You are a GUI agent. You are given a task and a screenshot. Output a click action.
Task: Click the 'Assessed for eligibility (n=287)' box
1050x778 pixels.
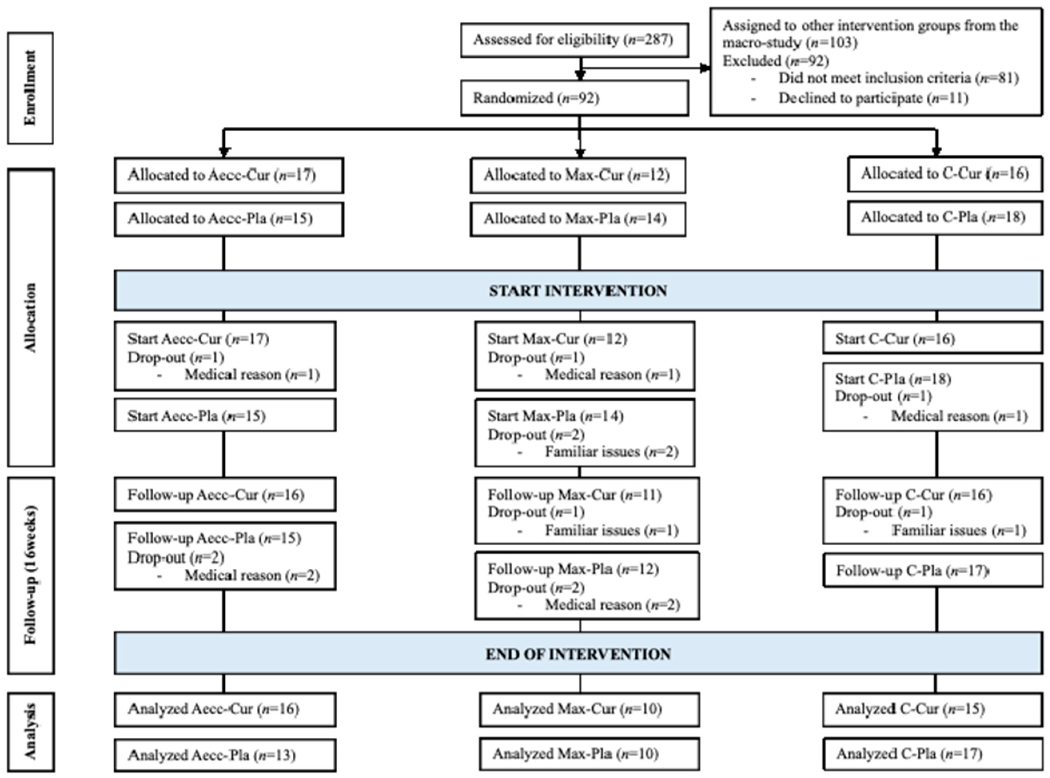pyautogui.click(x=574, y=40)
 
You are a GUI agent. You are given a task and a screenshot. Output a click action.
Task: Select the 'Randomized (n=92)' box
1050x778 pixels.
pyautogui.click(x=574, y=98)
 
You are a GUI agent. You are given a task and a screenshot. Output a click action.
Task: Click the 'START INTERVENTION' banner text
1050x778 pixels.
pyautogui.click(x=578, y=290)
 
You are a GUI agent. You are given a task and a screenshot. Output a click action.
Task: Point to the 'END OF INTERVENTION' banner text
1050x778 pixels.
pyautogui.click(x=578, y=654)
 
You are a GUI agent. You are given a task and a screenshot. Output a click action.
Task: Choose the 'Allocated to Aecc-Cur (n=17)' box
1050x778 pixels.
pyautogui.click(x=229, y=175)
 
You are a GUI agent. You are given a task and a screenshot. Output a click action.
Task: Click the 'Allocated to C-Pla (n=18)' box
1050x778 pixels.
pyautogui.click(x=945, y=217)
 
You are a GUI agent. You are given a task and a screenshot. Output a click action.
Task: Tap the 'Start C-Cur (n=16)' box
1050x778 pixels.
pyautogui.click(x=932, y=339)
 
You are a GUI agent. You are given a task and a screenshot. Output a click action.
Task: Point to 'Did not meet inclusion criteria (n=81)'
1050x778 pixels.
pyautogui.click(x=898, y=78)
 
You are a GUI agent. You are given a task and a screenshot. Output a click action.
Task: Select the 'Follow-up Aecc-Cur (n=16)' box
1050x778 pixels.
pyautogui.click(x=225, y=494)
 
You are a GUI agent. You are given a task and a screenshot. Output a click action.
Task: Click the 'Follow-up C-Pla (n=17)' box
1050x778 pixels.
pyautogui.click(x=932, y=571)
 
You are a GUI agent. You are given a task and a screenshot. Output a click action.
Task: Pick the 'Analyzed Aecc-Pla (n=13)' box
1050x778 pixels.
pyautogui.click(x=225, y=755)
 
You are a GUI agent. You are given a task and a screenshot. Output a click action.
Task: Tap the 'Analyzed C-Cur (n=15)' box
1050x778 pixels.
pyautogui.click(x=932, y=709)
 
